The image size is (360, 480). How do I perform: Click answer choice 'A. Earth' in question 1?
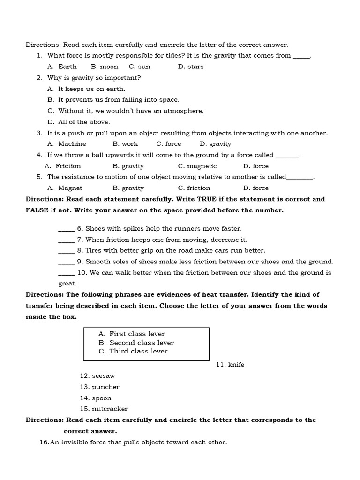coord(62,67)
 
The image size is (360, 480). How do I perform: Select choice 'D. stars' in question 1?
coord(191,67)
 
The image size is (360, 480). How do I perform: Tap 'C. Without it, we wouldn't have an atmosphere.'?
coord(126,111)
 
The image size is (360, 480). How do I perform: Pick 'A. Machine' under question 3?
coord(67,144)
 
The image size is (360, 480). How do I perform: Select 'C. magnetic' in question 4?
coord(197,166)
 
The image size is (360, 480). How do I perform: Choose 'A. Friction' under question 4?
coord(63,166)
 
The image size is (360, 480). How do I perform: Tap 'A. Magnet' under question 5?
coord(65,188)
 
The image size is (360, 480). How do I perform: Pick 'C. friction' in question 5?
coord(194,188)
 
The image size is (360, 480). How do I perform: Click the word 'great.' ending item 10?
coord(67,284)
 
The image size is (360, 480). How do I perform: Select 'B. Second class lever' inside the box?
coord(136,343)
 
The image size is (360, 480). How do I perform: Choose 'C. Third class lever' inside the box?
coord(133,351)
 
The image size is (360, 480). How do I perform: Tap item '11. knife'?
coord(230,365)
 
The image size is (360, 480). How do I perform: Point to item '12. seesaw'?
coord(97,376)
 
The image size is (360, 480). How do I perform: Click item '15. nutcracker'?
coord(104,409)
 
